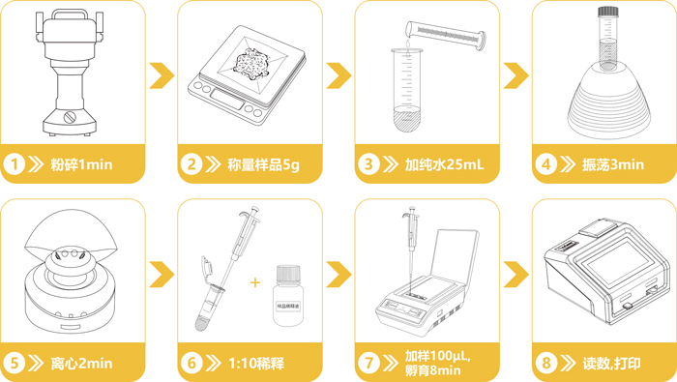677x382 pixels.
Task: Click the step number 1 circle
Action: point(15,164)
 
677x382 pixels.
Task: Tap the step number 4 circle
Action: point(546,164)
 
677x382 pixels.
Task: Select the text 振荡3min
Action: point(614,164)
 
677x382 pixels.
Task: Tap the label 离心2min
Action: point(81,364)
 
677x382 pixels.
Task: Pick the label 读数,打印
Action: point(612,364)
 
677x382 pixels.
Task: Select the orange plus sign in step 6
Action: point(255,282)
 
